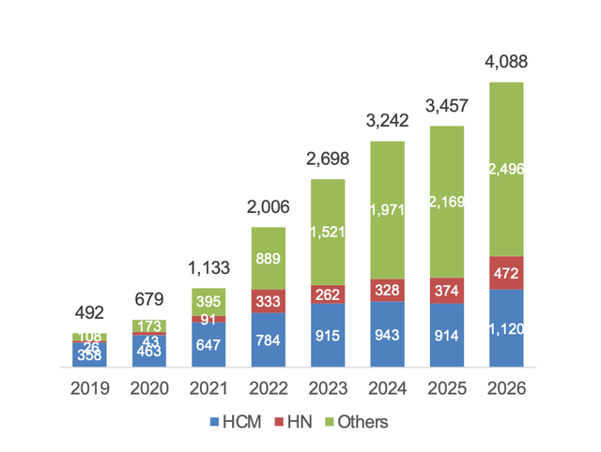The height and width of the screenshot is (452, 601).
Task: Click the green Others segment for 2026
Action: coord(506,169)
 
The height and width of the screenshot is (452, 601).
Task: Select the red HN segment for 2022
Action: coord(269,301)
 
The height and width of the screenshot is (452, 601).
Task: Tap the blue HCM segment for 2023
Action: coord(328,336)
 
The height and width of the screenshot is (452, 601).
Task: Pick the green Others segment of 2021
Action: coord(208,302)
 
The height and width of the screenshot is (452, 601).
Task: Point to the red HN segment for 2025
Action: coord(447,291)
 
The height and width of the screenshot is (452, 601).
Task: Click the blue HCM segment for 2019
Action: coord(89,354)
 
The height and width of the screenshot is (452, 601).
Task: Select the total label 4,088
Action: coord(506,62)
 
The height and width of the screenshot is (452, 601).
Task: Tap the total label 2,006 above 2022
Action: coord(268,207)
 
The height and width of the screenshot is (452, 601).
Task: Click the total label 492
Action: coord(89,313)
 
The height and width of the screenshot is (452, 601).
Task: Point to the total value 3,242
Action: coord(387,121)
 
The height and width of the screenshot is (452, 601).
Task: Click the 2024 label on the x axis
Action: coord(387,388)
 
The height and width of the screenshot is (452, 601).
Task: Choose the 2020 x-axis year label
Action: coord(149,388)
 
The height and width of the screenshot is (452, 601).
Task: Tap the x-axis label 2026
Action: coord(506,388)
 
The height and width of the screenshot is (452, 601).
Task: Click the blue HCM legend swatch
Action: coord(214,422)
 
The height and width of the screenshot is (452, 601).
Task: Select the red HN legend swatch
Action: coord(279,422)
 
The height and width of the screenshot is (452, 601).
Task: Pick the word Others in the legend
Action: coord(362,422)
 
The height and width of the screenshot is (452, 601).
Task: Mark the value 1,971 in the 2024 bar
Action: coord(387,210)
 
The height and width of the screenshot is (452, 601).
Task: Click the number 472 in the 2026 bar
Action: coord(506,273)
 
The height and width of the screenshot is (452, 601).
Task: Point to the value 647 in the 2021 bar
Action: coord(208,345)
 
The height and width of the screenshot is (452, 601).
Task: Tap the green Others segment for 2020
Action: coord(149,326)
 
